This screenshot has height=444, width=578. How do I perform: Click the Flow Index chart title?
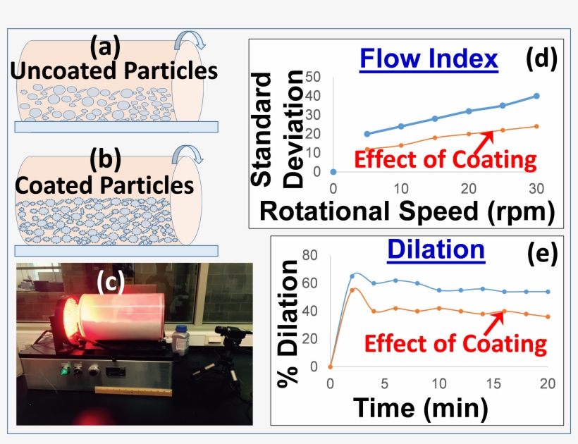point(429,59)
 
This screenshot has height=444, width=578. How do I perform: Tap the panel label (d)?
point(541,59)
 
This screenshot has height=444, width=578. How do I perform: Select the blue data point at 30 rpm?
point(536,96)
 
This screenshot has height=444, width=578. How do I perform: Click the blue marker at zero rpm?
point(333,171)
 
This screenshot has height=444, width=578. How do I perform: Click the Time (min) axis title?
point(421,407)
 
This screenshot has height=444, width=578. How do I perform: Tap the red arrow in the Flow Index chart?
point(484,141)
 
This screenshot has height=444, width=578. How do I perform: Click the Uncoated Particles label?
point(113,71)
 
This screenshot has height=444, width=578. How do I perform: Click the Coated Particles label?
point(104,185)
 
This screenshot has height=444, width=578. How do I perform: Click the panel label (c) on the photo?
point(111,281)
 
